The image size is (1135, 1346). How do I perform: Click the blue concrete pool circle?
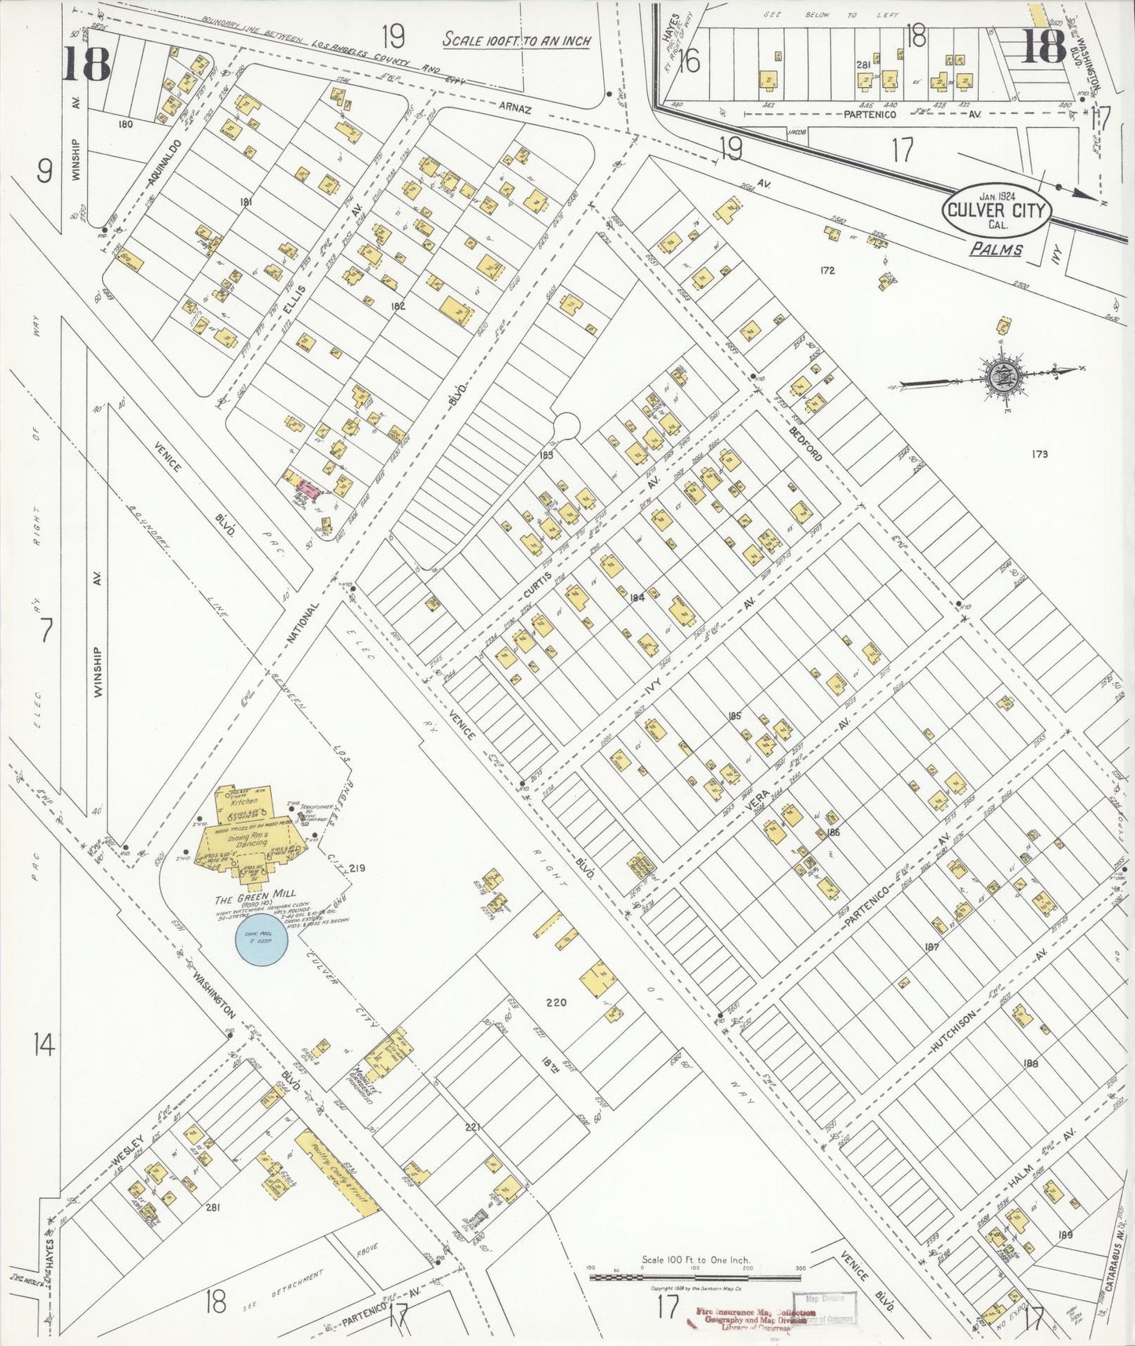(262, 939)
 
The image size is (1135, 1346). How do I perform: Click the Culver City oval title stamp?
(997, 210)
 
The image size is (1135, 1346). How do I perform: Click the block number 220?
(555, 1002)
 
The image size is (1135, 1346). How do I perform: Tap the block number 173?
(1041, 454)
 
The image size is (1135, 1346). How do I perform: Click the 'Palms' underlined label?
(995, 249)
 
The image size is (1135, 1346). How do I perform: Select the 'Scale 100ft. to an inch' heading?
(517, 40)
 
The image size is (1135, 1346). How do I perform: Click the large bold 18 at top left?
(86, 63)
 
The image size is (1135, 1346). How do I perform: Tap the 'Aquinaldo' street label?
(164, 164)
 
